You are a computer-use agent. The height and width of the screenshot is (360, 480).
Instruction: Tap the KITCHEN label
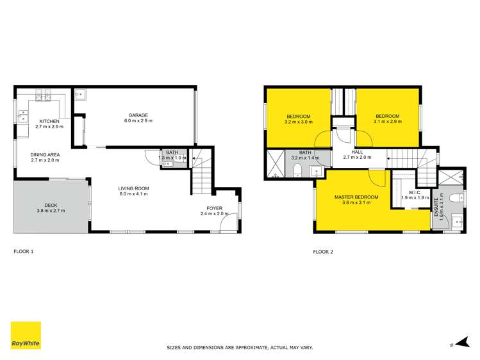pyautogui.click(x=49, y=121)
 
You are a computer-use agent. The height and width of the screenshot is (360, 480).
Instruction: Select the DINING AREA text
pyautogui.click(x=45, y=154)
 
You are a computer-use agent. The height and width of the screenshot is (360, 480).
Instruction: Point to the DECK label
pyautogui.click(x=51, y=205)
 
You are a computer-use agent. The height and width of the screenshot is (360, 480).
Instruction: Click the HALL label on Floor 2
pyautogui.click(x=357, y=151)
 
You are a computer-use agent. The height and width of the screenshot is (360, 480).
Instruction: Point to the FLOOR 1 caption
pyautogui.click(x=24, y=252)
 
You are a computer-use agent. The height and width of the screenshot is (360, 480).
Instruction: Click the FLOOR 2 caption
pyautogui.click(x=322, y=252)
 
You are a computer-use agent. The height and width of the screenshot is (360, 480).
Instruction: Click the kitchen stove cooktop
pyautogui.click(x=44, y=97)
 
